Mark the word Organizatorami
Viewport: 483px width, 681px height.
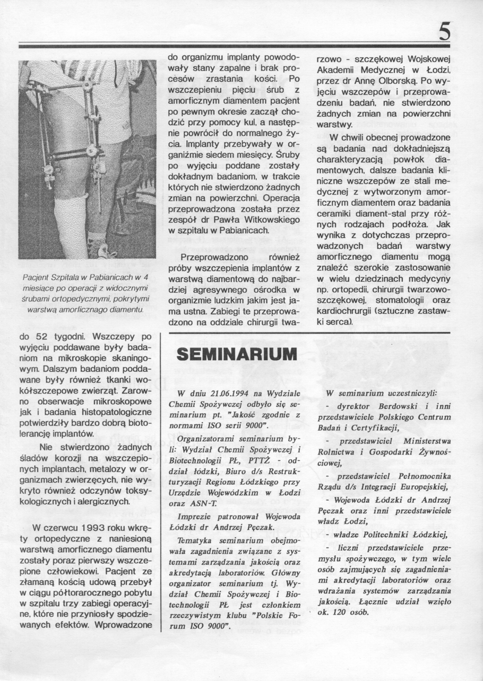pos(207,439)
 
